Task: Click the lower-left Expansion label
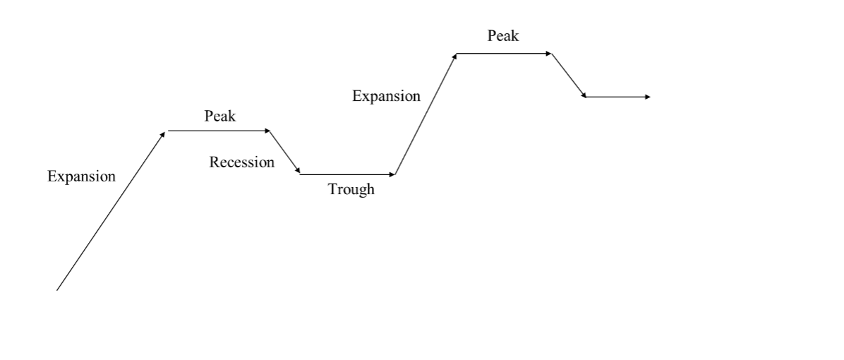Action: tap(81, 176)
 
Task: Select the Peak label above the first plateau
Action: tap(220, 116)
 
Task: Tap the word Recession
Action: tap(241, 162)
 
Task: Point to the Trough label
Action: tap(351, 189)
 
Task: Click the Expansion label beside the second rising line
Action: tap(386, 96)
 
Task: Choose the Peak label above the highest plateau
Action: tap(502, 36)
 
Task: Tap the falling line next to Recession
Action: tap(285, 152)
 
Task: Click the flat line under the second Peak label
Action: tap(502, 53)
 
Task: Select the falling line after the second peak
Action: tap(568, 75)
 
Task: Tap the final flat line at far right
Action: tap(615, 97)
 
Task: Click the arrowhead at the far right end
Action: tap(648, 97)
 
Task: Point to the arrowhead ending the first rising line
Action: tap(163, 133)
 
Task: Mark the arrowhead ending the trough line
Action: tap(392, 174)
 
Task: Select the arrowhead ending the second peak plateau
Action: tap(549, 53)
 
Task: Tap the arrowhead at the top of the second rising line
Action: tap(454, 56)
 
